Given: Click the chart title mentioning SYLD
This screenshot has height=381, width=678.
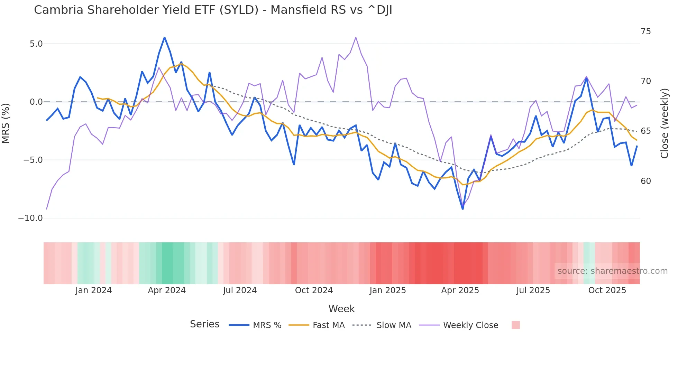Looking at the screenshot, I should point(213,10).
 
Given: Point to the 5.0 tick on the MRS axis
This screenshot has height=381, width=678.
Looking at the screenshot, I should point(36,44).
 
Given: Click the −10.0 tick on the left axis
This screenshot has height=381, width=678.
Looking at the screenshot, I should point(30,218).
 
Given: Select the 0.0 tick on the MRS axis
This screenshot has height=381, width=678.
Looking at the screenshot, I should point(36,102).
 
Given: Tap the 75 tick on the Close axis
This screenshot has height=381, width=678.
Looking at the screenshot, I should point(645,31).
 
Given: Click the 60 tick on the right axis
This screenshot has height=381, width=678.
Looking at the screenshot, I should point(645,181).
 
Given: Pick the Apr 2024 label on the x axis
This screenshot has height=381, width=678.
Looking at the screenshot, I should point(167,290).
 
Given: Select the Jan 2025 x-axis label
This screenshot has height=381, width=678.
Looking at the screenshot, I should point(387,290).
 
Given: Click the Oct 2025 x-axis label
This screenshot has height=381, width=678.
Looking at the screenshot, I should point(607,290).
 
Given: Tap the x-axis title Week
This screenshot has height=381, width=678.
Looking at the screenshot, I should point(341,309).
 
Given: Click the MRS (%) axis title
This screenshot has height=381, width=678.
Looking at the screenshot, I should point(6,123).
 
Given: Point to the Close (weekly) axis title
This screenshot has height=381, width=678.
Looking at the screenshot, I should point(665,123).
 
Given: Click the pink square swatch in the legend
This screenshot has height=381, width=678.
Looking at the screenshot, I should point(515,325).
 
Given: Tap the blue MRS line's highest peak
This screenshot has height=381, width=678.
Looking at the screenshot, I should point(165,37).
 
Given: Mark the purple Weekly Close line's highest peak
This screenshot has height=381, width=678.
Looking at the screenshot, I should point(356,37).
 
